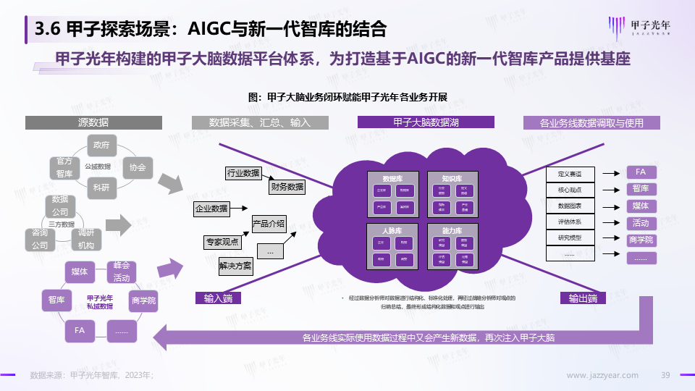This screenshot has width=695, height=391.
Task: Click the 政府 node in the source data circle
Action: (101, 145)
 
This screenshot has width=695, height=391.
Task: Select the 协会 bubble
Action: (138, 167)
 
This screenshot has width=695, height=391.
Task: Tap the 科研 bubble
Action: (101, 188)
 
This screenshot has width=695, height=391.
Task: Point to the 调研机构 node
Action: (86, 239)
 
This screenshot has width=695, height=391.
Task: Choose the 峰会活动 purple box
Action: (121, 272)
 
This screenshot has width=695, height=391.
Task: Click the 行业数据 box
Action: (243, 173)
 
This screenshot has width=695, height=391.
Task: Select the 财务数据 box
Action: (287, 187)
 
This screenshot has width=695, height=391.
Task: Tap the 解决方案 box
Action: (235, 266)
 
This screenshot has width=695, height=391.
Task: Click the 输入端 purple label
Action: (218, 298)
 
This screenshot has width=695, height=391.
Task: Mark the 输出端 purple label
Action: (583, 298)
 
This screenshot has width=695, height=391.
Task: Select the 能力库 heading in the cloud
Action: (450, 231)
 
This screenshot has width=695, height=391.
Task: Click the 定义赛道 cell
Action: (570, 174)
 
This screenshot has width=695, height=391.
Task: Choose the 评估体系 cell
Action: (570, 222)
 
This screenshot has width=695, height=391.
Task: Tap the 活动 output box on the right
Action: (640, 223)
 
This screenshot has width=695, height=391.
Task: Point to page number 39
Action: (667, 375)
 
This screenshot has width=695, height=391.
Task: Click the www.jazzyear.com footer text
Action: (602, 375)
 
